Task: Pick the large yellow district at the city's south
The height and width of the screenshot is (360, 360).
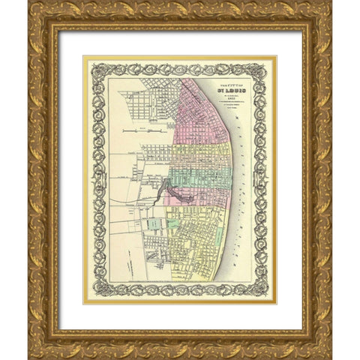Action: pos(199,247)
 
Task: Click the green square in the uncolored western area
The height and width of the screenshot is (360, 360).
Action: pos(155,223)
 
